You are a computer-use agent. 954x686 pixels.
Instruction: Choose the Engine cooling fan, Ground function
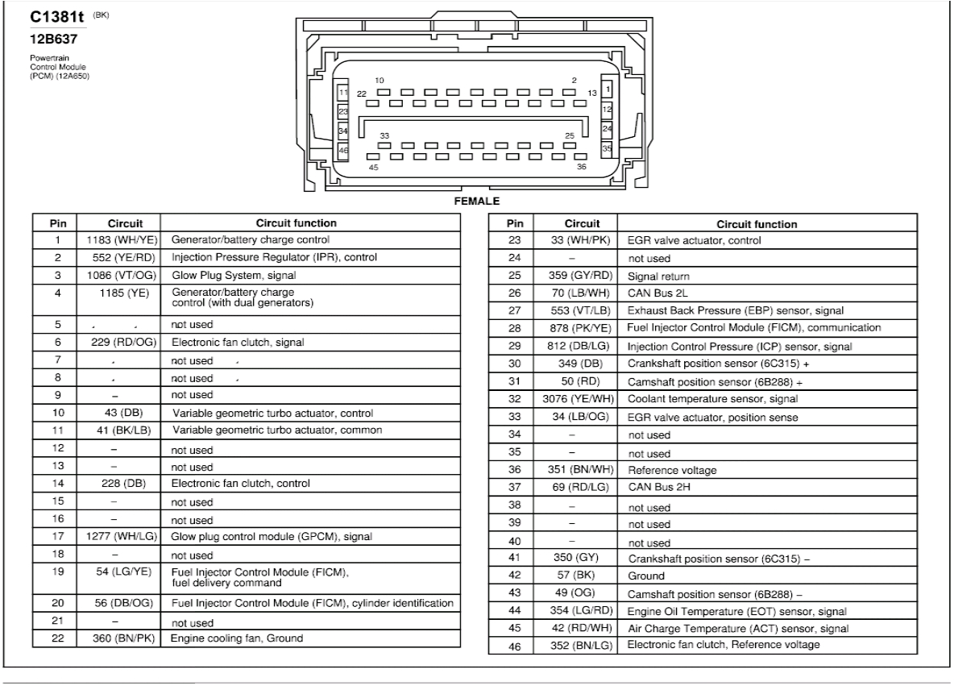click(x=237, y=638)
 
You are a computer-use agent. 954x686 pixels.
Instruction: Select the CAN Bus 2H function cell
click(x=652, y=489)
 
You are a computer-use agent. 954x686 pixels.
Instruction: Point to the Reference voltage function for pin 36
click(x=670, y=471)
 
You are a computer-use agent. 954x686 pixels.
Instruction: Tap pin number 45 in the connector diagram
click(x=373, y=168)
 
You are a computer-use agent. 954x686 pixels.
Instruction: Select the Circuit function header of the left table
click(x=296, y=223)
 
